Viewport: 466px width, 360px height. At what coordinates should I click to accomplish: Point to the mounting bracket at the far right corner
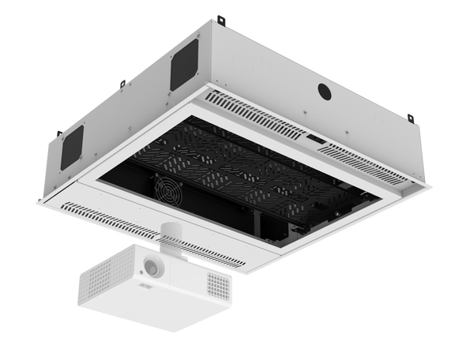tap(410, 117)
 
